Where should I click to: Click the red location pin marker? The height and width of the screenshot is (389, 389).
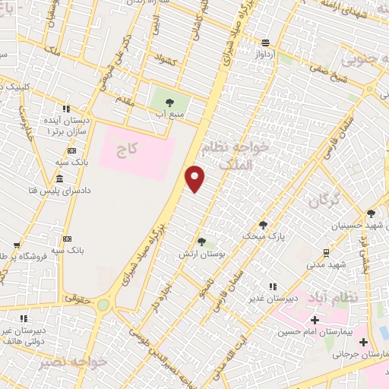coord(196,179)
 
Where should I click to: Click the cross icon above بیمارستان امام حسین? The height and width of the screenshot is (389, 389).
coord(314,320)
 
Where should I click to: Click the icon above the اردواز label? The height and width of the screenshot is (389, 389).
coord(265,43)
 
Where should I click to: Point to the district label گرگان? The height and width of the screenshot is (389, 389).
coord(324,202)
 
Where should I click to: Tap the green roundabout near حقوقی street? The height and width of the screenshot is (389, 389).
coord(103,305)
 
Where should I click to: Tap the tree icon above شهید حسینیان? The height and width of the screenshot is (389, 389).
coord(372,214)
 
